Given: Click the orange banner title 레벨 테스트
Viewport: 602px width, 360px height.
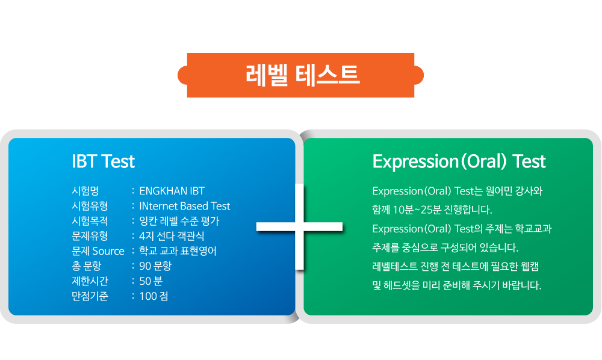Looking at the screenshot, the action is tap(303, 75).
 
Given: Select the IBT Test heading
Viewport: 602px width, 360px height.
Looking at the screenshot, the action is tap(104, 161).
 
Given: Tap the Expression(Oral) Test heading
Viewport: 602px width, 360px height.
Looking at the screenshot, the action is tap(459, 161).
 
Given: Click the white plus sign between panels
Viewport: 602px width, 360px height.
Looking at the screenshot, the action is tap(299, 226).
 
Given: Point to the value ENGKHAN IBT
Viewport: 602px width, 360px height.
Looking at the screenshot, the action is tap(172, 191).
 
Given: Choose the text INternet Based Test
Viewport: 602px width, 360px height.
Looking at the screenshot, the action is tap(185, 206).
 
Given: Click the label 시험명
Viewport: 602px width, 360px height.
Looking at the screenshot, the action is tap(85, 191).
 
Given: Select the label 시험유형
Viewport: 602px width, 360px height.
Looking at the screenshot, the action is tap(90, 206).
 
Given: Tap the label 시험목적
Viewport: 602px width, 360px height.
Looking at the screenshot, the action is tap(90, 221).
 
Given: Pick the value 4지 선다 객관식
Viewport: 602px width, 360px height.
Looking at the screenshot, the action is tap(172, 236).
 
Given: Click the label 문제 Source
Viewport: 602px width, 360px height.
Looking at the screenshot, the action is tap(98, 251).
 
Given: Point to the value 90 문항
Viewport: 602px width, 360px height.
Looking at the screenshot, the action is tap(155, 266).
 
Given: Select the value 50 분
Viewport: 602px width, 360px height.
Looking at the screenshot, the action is tap(151, 281).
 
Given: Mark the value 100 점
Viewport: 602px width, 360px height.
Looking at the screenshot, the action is tap(154, 296).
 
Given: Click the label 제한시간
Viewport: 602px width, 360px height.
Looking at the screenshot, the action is tap(90, 281).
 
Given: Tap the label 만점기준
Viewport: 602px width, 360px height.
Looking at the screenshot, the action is tap(90, 296).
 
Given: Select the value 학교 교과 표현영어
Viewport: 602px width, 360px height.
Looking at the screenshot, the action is tap(178, 251).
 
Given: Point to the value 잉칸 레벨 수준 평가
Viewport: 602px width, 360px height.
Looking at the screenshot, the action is tap(179, 221).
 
